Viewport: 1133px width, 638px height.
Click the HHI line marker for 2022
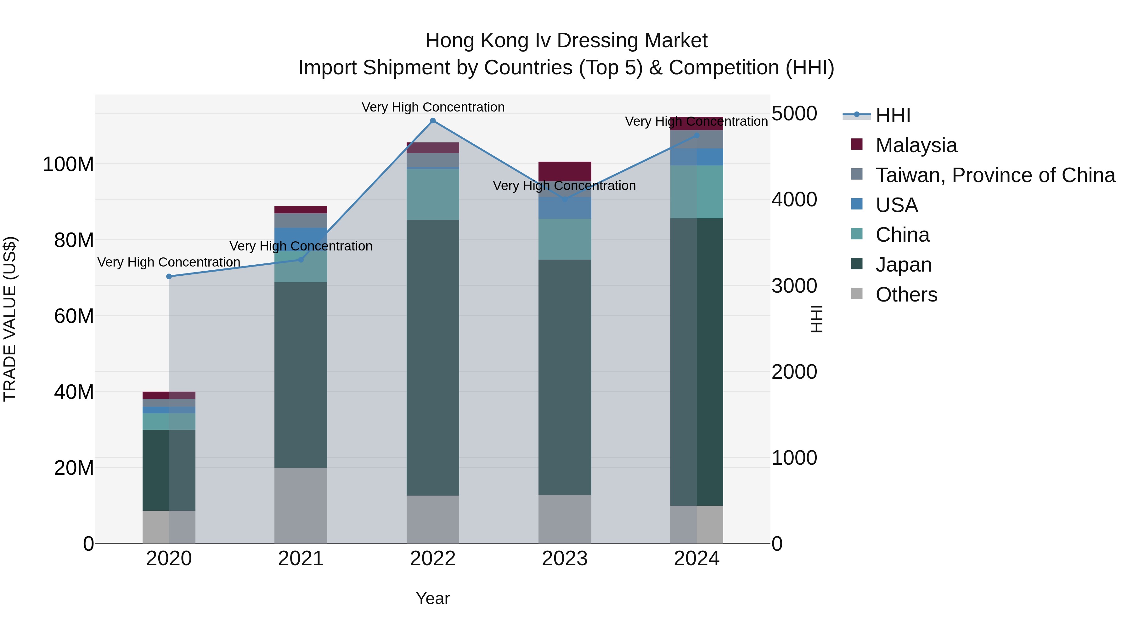tap(433, 121)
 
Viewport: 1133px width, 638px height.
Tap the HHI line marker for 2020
tap(169, 277)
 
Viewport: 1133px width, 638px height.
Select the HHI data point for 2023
tap(565, 199)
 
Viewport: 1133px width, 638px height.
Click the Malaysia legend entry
tap(916, 145)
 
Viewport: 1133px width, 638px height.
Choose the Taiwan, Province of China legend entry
tap(995, 175)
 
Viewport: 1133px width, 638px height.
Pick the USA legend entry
tap(896, 205)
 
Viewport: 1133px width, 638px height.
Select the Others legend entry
tap(906, 295)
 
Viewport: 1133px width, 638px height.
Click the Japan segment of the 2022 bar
tap(433, 358)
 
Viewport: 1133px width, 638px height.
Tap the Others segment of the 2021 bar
tap(301, 505)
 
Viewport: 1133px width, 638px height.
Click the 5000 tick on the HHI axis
tap(794, 114)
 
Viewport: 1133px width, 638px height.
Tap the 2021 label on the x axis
tap(301, 559)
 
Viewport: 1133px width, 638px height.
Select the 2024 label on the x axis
tap(697, 559)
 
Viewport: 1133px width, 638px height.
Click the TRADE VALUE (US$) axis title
tap(10, 319)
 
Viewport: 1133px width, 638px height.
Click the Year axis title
tap(433, 598)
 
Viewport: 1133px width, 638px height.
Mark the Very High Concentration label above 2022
tap(433, 107)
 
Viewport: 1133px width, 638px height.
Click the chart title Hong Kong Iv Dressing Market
tap(566, 41)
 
